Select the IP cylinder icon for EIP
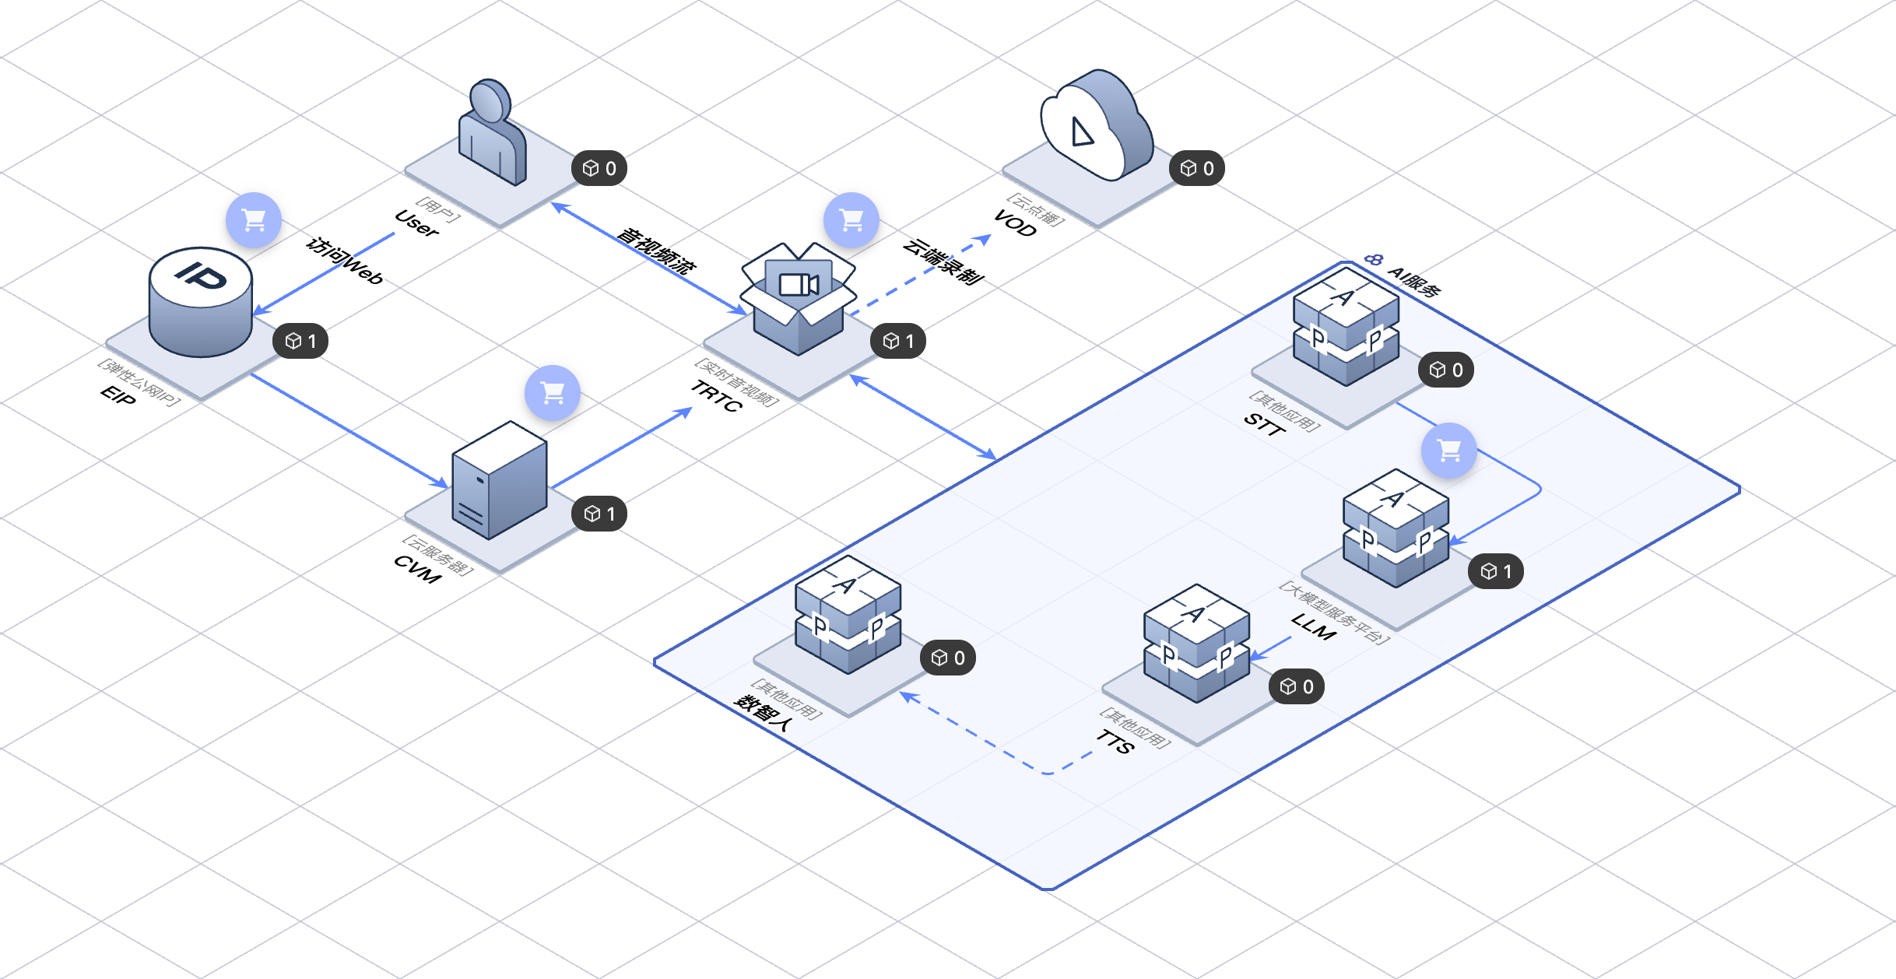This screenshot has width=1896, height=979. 201,302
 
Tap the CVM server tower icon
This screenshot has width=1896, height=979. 500,480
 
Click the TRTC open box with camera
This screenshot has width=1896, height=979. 799,298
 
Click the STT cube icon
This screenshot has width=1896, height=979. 1347,327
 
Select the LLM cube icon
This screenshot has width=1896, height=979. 1396,528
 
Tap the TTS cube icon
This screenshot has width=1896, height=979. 1197,644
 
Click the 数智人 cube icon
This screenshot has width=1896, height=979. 848,615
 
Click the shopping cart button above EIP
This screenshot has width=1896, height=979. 254,220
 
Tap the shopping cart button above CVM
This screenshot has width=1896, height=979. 553,393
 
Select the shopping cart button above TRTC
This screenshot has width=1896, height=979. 851,220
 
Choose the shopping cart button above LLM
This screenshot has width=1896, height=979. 1449,451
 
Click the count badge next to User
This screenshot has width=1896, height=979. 599,168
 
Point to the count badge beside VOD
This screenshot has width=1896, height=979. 1197,168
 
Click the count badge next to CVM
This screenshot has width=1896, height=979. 599,514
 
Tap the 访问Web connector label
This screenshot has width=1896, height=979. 345,261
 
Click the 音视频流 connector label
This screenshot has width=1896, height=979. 656,251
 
